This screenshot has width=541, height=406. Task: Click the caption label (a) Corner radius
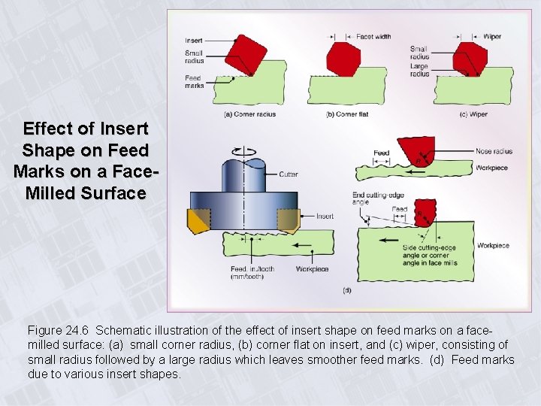(x=250, y=114)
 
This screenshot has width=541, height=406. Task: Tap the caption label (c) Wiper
(x=473, y=114)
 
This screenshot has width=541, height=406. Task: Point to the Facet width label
(x=373, y=36)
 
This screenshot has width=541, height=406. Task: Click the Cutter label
(x=289, y=174)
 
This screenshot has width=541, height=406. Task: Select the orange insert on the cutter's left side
(x=198, y=222)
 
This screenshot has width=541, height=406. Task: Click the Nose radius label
(x=494, y=152)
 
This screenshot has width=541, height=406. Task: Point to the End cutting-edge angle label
(x=372, y=198)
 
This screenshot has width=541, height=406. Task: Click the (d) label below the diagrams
(x=346, y=290)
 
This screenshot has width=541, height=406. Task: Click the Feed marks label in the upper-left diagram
(x=193, y=81)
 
